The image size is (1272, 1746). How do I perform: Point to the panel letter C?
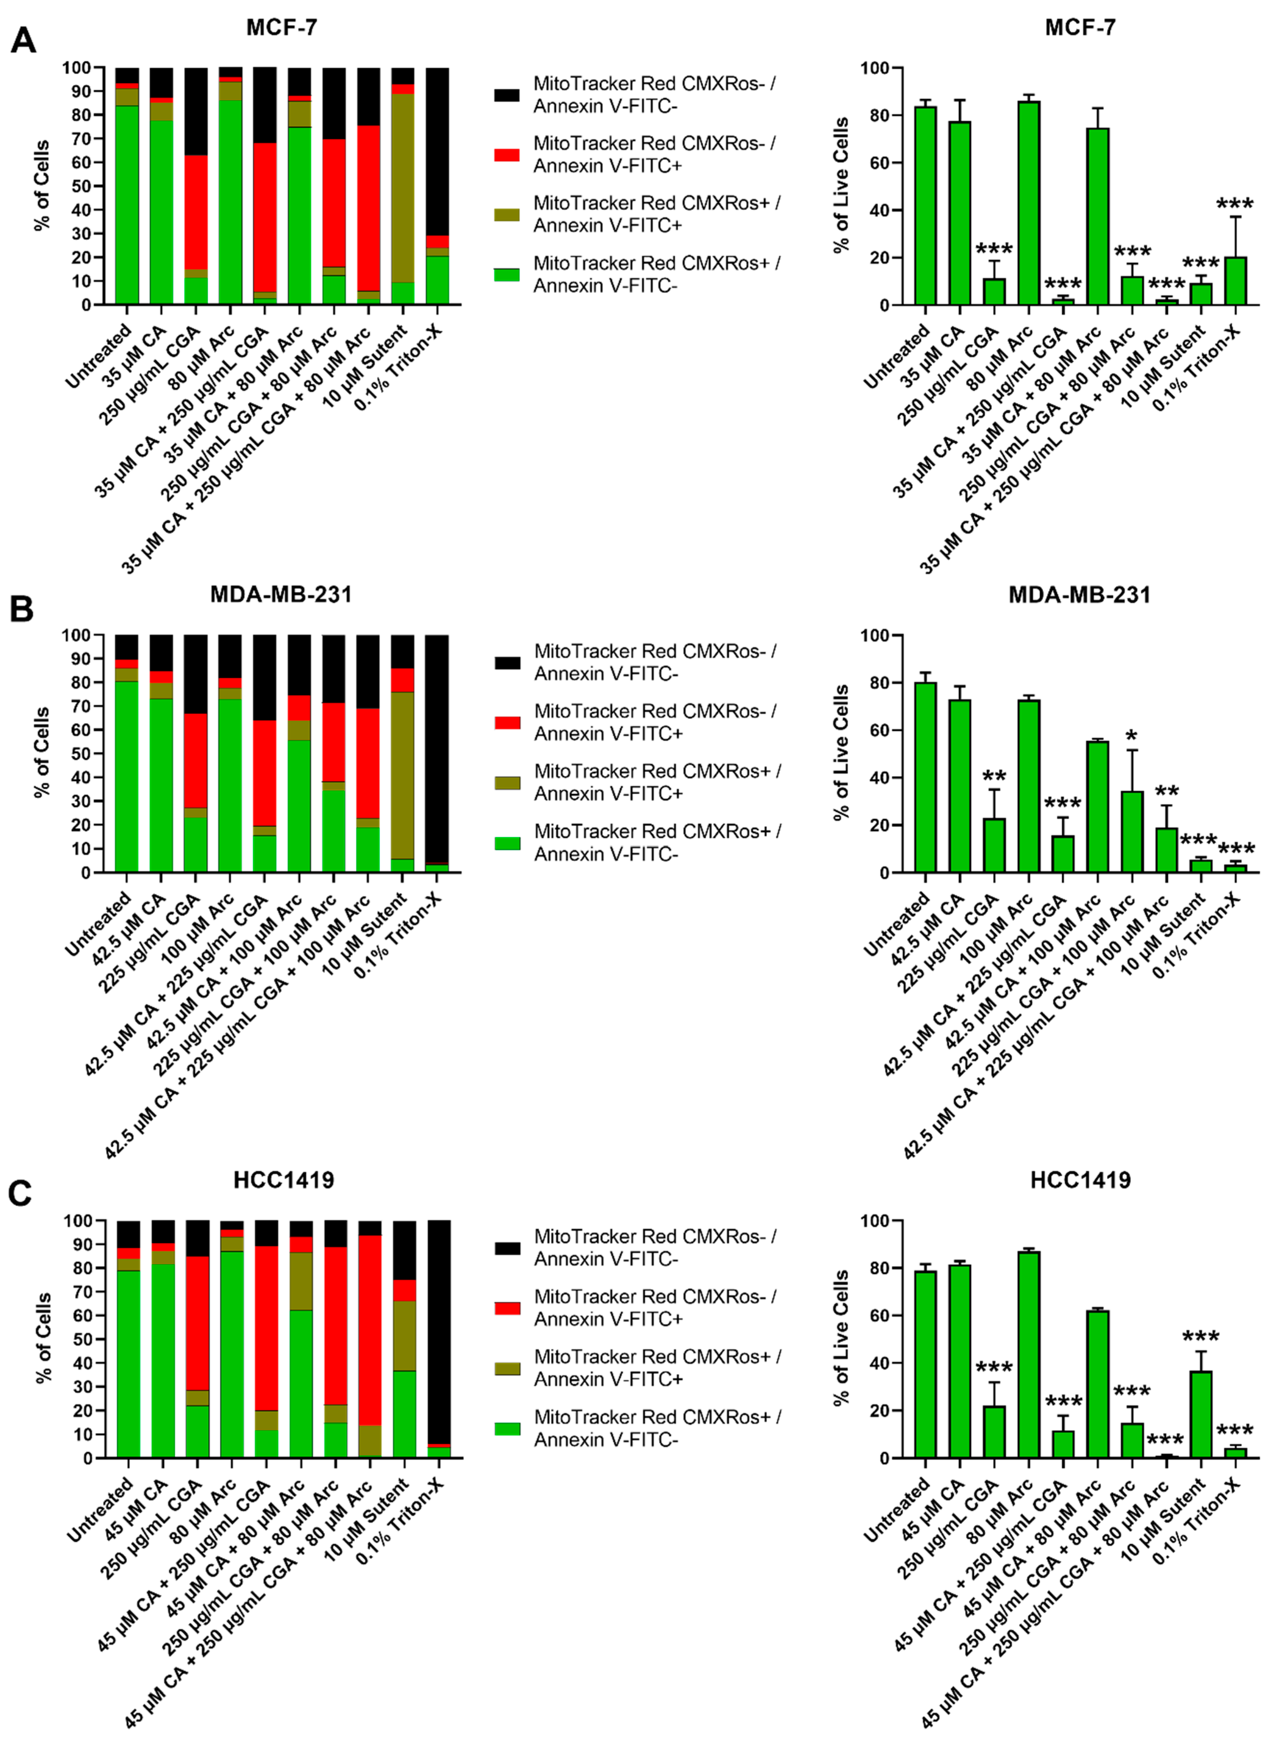point(20,1193)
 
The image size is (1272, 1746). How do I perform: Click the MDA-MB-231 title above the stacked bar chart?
point(281,594)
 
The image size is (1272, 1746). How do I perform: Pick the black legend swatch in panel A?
point(507,95)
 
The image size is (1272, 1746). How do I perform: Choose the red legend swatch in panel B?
point(507,722)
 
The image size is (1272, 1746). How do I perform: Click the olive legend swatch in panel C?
point(507,1369)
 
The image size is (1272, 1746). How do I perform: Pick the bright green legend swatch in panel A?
point(507,274)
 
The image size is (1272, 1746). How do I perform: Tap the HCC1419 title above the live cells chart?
point(1080,1180)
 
